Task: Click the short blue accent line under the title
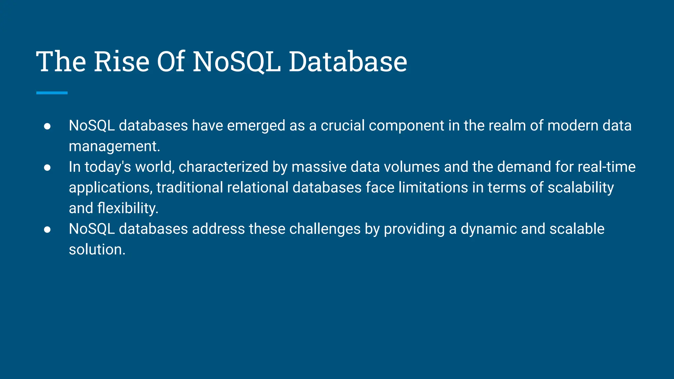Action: [52, 93]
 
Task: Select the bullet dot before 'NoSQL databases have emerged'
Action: [47, 126]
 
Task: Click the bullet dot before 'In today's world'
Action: [47, 167]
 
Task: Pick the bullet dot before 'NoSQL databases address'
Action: [47, 230]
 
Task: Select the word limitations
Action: [433, 188]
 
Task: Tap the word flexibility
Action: [128, 209]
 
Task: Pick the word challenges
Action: [325, 229]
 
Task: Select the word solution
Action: [97, 250]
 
